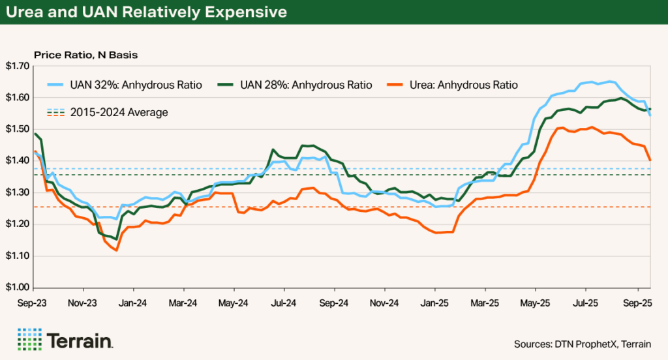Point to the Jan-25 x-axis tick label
[x=434, y=303]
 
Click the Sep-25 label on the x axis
[x=636, y=303]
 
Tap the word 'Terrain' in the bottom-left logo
[x=80, y=340]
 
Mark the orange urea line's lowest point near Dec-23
[x=116, y=250]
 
